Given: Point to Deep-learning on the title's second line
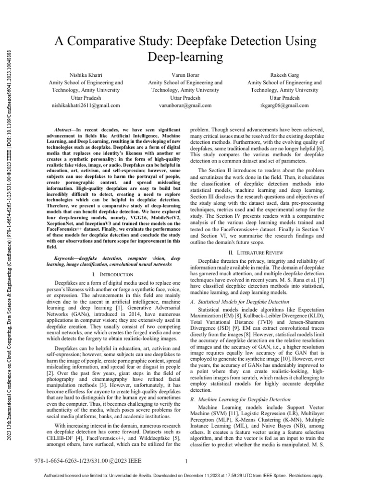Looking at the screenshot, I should tap(184, 57).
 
